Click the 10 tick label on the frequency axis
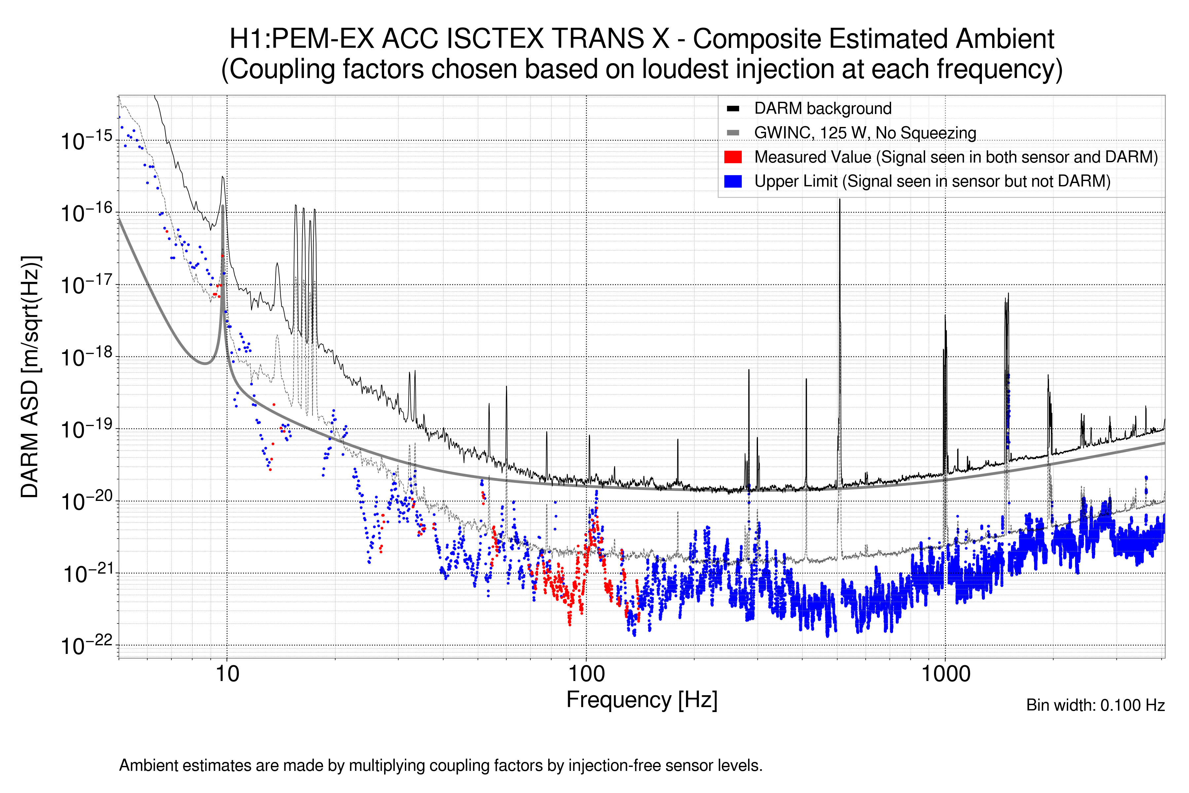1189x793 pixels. point(227,674)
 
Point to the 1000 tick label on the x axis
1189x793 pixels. point(945,674)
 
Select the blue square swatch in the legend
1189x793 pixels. point(733,181)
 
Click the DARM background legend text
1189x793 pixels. point(822,109)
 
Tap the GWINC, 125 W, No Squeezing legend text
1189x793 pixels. point(865,133)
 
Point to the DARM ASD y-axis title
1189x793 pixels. point(30,377)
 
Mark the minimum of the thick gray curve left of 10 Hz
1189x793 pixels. point(205,363)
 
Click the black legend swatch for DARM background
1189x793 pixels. point(733,109)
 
